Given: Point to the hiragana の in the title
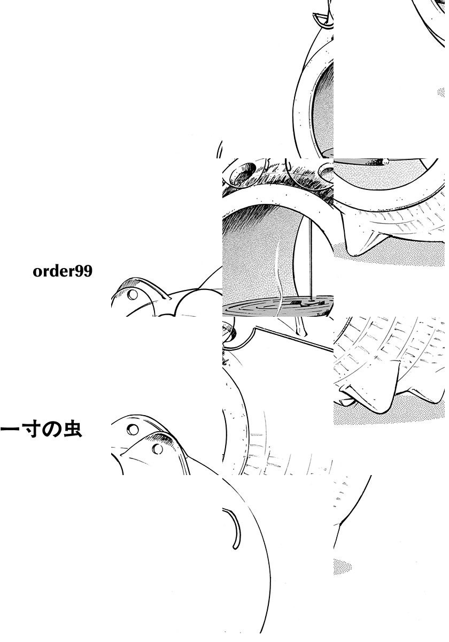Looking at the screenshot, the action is tap(51, 430).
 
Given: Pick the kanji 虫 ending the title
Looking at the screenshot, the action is tap(73, 430).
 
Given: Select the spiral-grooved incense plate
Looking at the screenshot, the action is tap(278, 307).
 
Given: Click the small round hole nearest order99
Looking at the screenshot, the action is tap(133, 294).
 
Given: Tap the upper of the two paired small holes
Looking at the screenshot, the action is tap(133, 429).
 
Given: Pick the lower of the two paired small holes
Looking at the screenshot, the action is tap(157, 448).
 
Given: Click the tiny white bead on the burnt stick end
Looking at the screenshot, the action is tap(385, 162).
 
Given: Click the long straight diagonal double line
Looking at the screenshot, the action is tap(295, 339).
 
